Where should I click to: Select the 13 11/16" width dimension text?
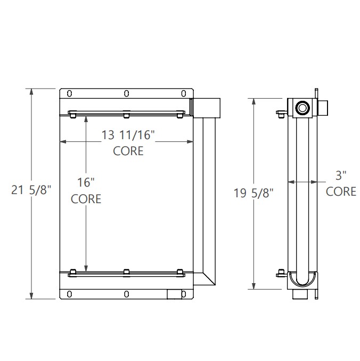(128, 135)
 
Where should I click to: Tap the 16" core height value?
(86, 182)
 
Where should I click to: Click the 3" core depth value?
(341, 175)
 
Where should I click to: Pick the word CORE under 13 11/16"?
(128, 151)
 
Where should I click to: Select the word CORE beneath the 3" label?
(341, 191)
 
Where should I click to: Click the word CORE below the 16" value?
(86, 199)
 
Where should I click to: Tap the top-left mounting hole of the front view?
(69, 94)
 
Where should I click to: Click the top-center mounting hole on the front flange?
(126, 94)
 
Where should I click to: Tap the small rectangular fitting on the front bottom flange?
(174, 293)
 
